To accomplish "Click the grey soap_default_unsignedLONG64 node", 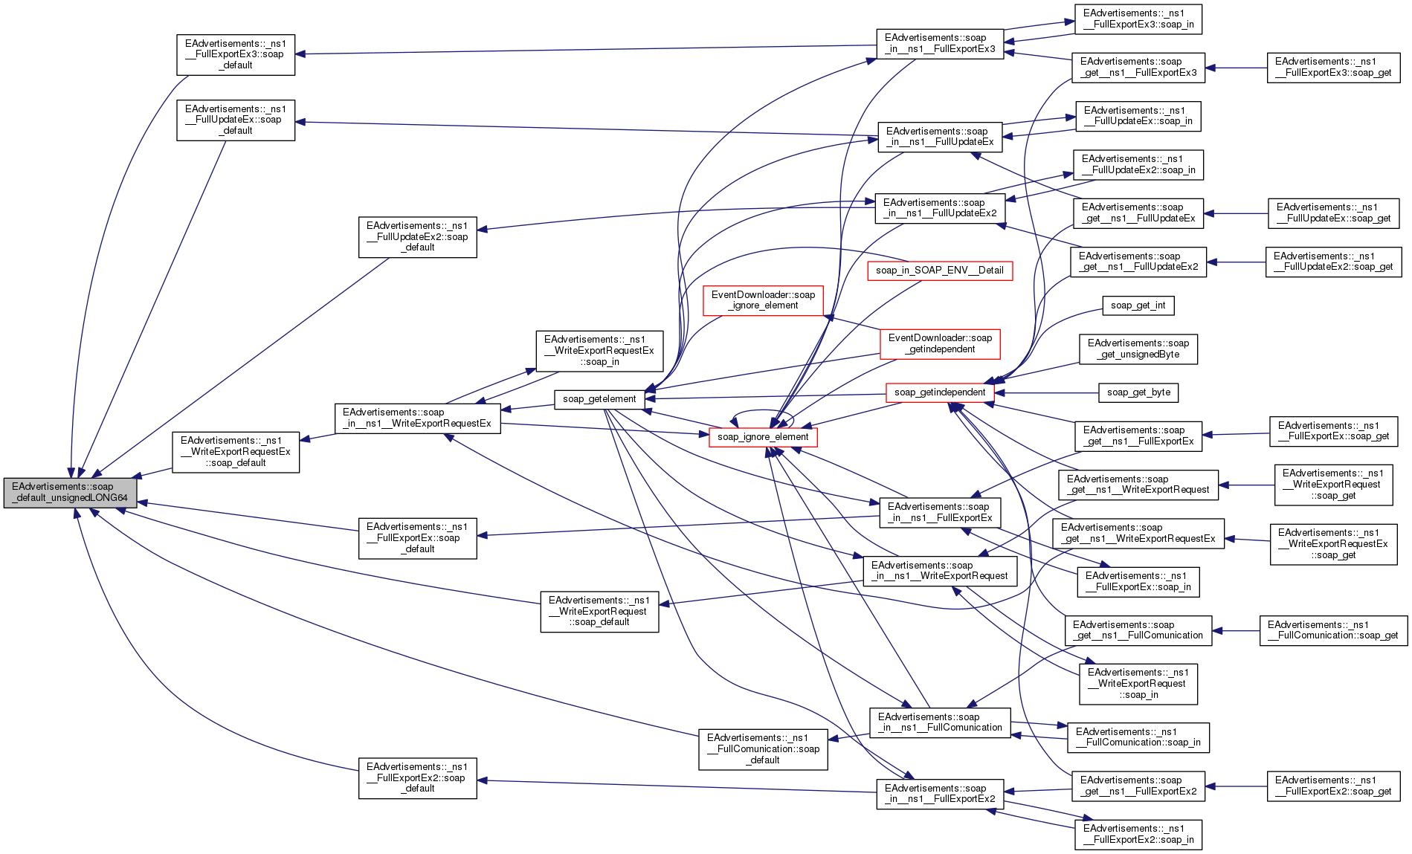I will (70, 493).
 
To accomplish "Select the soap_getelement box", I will (599, 399).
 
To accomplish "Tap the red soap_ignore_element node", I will (763, 437).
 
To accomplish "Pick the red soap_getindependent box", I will (940, 392).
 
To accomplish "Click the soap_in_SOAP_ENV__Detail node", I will (940, 271).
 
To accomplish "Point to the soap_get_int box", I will (1138, 305).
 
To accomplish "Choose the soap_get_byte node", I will (1138, 392).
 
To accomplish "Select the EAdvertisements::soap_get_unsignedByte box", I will (1138, 349).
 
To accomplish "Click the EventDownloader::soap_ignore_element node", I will (763, 300).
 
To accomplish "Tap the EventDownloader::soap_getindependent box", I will (940, 343).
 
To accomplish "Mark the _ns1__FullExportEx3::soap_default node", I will (236, 54).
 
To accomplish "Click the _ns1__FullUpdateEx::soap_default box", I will (236, 120).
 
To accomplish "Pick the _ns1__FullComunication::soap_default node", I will (763, 749).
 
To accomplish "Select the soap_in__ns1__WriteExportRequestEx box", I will (417, 418).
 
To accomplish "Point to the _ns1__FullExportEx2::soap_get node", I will (1333, 786).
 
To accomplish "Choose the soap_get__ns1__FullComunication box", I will (1138, 630).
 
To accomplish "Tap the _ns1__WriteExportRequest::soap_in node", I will (1138, 684).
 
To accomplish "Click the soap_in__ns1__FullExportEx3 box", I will (940, 43).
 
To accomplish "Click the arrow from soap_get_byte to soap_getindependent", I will (1047, 392).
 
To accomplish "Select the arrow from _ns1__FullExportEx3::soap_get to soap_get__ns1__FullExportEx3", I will (1236, 68).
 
